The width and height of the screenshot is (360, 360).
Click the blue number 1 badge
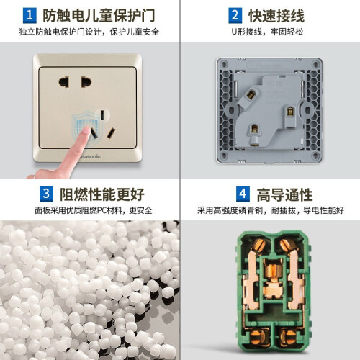[x=30, y=15]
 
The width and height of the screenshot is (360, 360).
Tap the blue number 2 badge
[x=235, y=15]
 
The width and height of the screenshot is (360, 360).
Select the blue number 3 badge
[x=46, y=194]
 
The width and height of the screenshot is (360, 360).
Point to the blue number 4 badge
[x=243, y=194]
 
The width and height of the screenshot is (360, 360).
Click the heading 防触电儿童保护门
[x=99, y=16]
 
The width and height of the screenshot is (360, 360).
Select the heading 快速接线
[x=276, y=16]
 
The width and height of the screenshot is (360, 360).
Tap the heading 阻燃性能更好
[x=102, y=194]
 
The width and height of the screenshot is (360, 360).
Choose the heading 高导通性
[x=284, y=194]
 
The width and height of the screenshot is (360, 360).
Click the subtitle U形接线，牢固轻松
[x=267, y=32]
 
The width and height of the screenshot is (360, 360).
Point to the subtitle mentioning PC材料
[x=94, y=210]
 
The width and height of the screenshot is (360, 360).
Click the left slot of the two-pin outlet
[x=64, y=82]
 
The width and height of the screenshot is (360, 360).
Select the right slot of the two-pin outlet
[x=86, y=82]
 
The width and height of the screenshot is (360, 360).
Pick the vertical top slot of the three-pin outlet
[x=102, y=115]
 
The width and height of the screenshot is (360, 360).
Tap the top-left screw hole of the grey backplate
[x=224, y=64]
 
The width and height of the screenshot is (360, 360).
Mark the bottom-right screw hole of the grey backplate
[x=315, y=156]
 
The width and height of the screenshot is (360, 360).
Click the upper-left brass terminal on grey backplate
[x=251, y=95]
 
